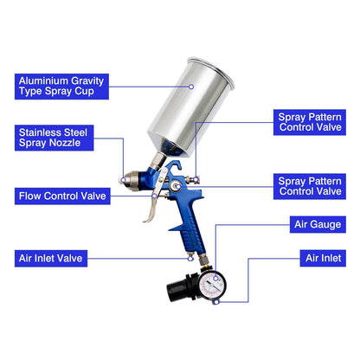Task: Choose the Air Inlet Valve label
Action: (x=54, y=257)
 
